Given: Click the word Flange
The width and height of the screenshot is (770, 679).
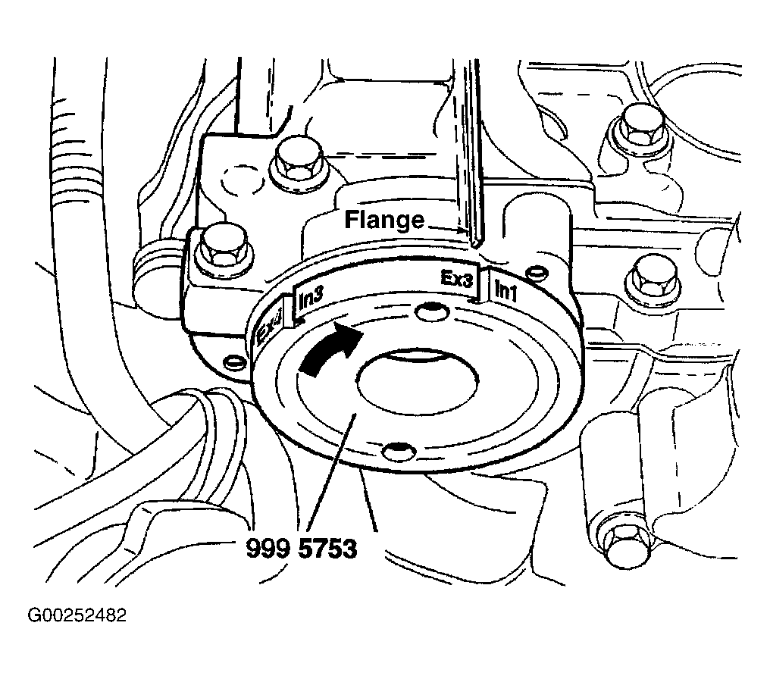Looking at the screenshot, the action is click(x=384, y=220).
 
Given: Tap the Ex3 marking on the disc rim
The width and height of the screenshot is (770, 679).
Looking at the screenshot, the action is click(x=456, y=279).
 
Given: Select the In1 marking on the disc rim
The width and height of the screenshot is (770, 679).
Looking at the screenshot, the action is click(x=505, y=289).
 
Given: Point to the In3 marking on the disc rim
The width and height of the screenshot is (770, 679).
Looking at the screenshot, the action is click(x=311, y=299).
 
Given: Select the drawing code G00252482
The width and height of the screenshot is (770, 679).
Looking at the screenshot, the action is click(x=77, y=615).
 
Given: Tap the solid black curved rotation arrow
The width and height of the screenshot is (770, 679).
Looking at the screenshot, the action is click(x=330, y=349).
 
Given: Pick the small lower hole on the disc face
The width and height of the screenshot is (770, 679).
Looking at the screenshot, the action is click(x=398, y=451).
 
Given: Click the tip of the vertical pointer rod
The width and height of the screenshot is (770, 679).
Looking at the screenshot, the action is click(x=476, y=243).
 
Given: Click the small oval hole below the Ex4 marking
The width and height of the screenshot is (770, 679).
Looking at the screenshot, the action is click(x=233, y=361).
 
